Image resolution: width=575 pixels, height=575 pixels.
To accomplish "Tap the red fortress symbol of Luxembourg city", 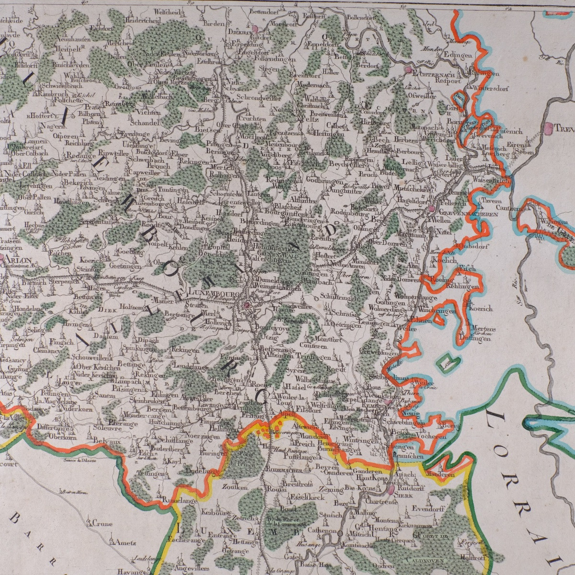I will pos(247,304).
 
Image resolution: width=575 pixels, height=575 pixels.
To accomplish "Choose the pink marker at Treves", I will pos(547,127).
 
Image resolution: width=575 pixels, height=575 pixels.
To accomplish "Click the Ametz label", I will pos(120,543).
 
